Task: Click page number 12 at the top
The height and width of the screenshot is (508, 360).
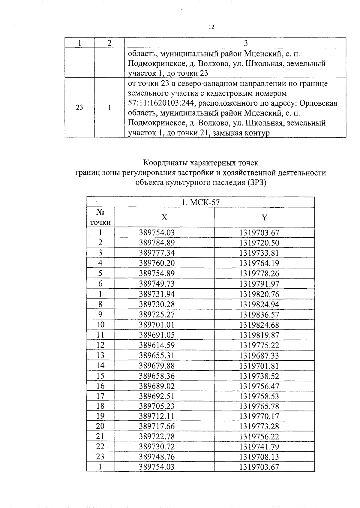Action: [211, 27]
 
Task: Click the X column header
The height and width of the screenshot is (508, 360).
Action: [164, 218]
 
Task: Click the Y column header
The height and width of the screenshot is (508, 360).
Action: [264, 218]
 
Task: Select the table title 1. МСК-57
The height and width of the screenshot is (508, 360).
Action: [201, 203]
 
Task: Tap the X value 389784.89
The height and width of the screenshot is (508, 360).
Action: [157, 243]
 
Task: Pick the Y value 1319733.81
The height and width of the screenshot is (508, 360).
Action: [259, 253]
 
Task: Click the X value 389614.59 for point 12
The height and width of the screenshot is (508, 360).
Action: [157, 345]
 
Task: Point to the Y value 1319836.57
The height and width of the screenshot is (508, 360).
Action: [259, 315]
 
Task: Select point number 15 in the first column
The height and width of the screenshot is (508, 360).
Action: [100, 376]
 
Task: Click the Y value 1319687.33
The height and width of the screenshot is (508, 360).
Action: [259, 356]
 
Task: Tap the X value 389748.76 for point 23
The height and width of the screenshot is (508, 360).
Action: [157, 457]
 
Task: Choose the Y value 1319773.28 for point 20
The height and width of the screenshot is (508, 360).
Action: [259, 426]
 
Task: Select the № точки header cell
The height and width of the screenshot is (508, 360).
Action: [100, 218]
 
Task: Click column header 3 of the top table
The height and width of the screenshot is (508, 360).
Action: [246, 43]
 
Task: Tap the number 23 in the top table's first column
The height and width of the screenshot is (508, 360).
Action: [79, 108]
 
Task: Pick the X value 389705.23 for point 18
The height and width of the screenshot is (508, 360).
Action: [157, 406]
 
